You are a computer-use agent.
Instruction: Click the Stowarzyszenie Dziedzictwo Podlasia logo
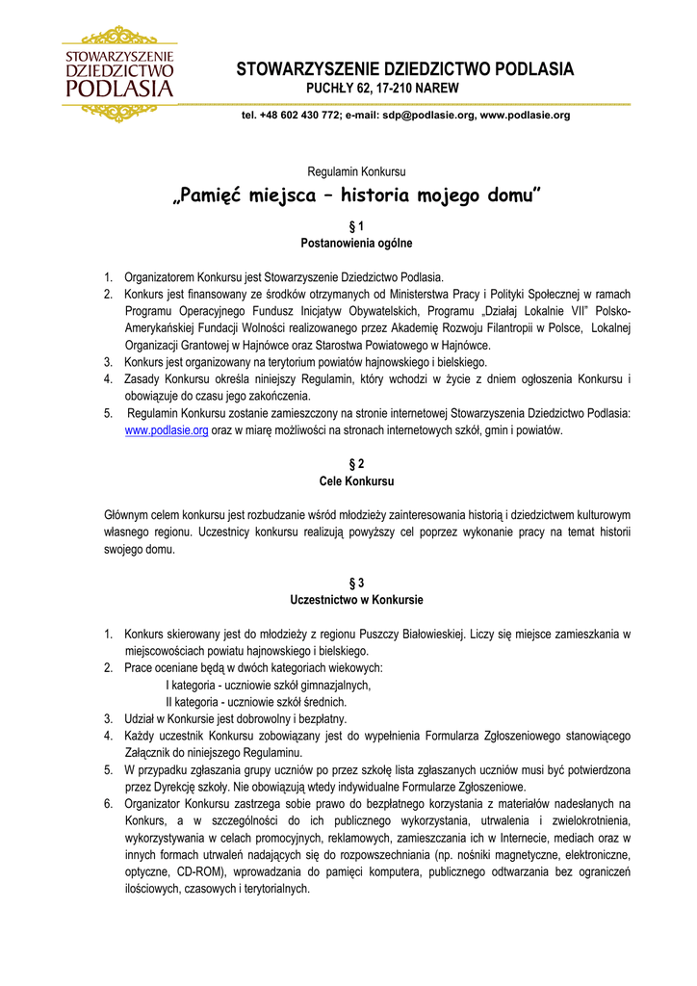tap(118, 74)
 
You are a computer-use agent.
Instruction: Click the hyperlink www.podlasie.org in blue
tap(167, 430)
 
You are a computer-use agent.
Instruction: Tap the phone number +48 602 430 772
tap(300, 116)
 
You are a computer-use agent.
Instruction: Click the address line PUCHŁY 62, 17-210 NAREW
tap(382, 89)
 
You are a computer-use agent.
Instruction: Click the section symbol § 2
tap(356, 464)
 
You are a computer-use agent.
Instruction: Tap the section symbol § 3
tap(356, 583)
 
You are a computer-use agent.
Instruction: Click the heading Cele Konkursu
tap(356, 480)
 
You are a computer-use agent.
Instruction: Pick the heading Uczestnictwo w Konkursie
tap(356, 600)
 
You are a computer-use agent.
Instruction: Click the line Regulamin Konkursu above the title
tap(356, 170)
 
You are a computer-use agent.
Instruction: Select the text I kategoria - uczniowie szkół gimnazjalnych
tap(269, 685)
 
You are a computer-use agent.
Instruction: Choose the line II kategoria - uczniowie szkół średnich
tap(256, 702)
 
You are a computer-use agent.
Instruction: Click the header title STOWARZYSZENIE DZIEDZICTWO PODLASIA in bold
tap(405, 69)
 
